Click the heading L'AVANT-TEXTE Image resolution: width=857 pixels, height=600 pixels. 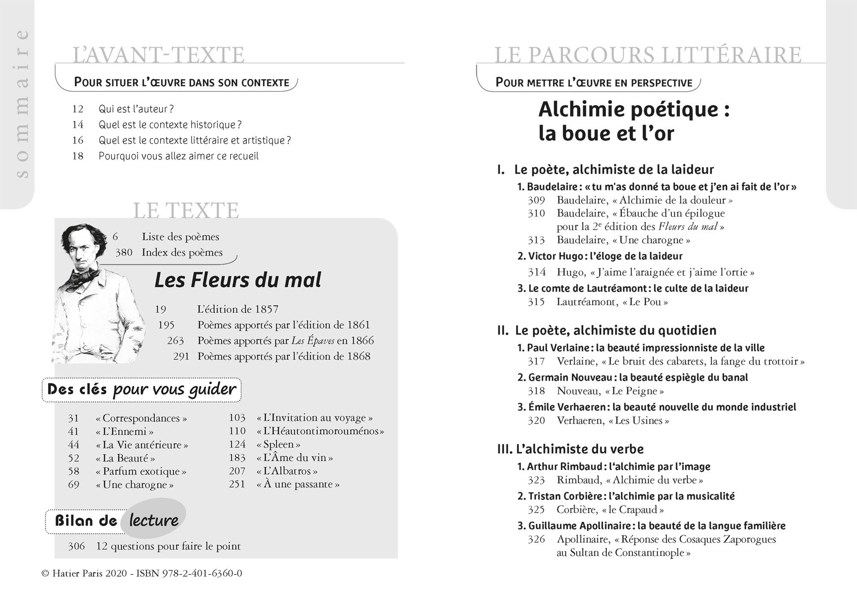[x=159, y=55]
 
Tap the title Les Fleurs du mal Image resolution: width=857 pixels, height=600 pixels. [x=237, y=280]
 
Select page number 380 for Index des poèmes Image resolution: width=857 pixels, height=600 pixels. [x=124, y=252]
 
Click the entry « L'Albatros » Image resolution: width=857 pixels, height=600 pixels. [x=287, y=471]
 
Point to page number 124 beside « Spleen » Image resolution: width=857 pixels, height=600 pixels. [x=237, y=444]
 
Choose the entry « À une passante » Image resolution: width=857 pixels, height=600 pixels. [x=298, y=484]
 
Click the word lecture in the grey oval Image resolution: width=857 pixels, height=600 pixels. [x=153, y=520]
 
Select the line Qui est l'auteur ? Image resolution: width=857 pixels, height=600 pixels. [x=136, y=109]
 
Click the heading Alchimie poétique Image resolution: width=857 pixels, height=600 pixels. [x=634, y=110]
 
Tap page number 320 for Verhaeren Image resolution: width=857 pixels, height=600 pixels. [x=536, y=420]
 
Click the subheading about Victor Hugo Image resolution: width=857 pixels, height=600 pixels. [x=600, y=256]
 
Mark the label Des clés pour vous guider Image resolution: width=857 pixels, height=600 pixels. [x=141, y=390]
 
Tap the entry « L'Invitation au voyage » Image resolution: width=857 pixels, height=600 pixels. [x=315, y=418]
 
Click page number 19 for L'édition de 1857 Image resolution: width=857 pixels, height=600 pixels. [x=160, y=309]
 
